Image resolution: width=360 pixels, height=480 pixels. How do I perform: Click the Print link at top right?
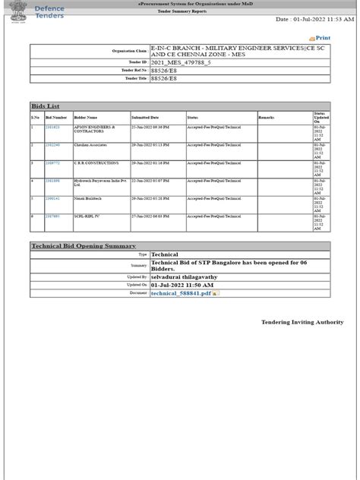322,38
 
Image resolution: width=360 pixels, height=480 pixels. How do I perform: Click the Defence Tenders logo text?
50,12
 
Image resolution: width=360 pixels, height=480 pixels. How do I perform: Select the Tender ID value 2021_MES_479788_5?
181,63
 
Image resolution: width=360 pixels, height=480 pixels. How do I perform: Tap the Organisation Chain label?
129,51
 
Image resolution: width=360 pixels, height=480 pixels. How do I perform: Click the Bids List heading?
45,106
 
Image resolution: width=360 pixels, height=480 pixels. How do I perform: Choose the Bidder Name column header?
86,118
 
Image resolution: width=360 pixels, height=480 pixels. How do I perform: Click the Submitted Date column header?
145,118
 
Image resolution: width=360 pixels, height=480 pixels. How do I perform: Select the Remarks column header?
266,118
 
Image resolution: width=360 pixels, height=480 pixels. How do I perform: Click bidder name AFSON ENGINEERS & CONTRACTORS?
94,129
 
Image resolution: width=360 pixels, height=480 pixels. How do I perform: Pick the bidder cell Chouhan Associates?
90,145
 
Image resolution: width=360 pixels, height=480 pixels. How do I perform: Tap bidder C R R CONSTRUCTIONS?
96,163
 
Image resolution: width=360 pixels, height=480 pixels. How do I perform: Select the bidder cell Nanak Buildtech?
87,199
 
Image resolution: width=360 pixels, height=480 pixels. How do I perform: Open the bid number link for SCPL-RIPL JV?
52,216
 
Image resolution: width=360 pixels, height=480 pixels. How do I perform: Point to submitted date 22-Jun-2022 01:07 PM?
150,181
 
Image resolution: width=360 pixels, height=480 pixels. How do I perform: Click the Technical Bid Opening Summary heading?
84,246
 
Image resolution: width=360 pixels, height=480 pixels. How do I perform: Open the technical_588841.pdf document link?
181,293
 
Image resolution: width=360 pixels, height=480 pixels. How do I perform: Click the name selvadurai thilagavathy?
184,277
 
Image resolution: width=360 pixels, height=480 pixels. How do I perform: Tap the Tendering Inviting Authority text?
302,322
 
